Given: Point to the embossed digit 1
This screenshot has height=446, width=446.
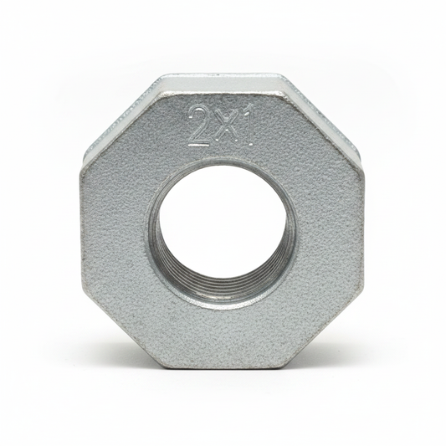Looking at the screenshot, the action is [247, 126].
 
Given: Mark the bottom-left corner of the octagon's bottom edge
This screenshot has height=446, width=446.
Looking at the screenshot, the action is [162, 367].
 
